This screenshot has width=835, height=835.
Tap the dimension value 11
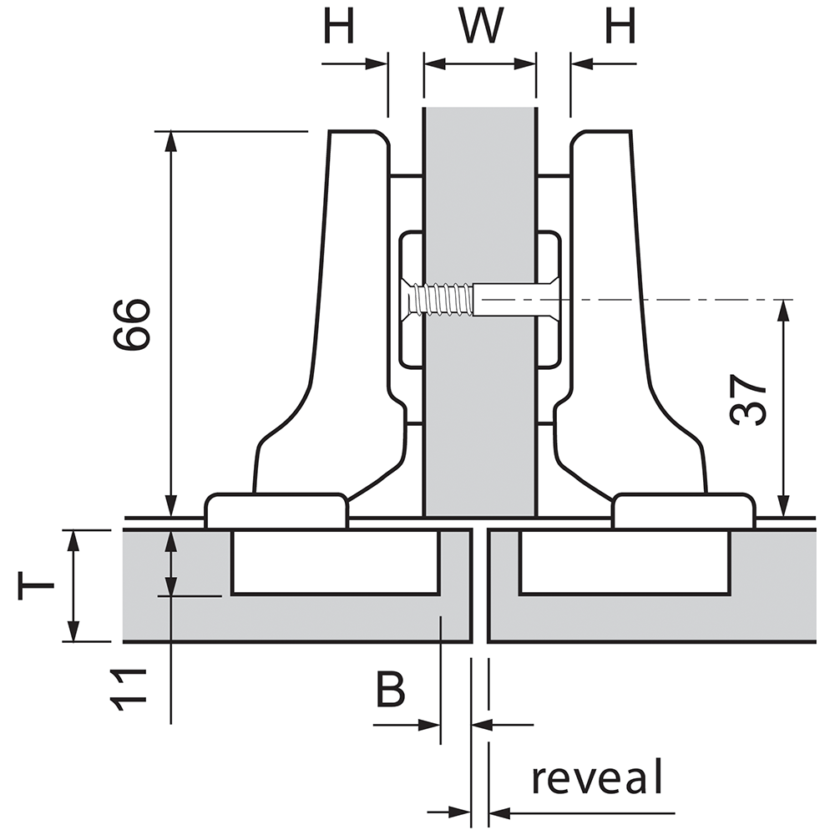(130, 690)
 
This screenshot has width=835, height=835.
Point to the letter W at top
(483, 28)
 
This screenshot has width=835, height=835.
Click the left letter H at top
(340, 28)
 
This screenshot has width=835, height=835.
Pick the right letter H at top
(620, 28)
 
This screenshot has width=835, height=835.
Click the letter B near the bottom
(389, 690)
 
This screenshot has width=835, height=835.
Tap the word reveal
(597, 778)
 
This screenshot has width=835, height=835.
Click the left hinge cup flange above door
(276, 509)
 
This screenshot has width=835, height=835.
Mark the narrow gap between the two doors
(480, 584)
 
